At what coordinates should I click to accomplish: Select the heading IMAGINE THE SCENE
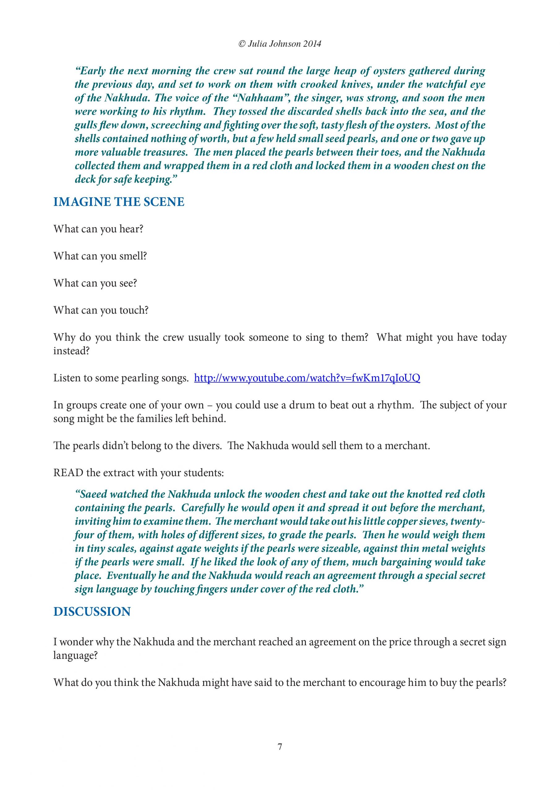pyautogui.click(x=119, y=202)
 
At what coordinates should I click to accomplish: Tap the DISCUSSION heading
pyautogui.click(x=92, y=612)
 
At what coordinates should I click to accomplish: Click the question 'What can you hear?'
pyautogui.click(x=98, y=229)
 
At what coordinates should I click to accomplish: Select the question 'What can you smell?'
pyautogui.click(x=100, y=256)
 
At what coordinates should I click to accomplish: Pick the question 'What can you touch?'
pyautogui.click(x=101, y=310)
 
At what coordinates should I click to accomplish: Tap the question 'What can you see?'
pyautogui.click(x=95, y=283)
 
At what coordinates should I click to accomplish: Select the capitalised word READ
pyautogui.click(x=68, y=473)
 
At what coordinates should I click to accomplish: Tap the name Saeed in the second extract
pyautogui.click(x=93, y=494)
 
